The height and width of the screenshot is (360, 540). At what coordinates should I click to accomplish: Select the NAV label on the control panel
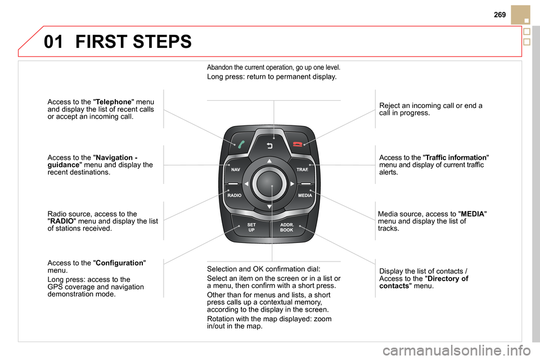coord(236,169)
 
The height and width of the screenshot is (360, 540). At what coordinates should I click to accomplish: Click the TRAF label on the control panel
coord(302,169)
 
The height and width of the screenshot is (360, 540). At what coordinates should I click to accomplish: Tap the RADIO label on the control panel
coord(235,195)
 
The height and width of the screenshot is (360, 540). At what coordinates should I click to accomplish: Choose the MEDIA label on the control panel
coord(305,195)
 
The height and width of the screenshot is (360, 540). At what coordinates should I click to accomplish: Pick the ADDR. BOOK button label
coord(287,227)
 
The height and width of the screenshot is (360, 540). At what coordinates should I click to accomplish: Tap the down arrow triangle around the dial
coord(269,206)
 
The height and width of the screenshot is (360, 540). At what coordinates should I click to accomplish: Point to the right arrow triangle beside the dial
coord(292,183)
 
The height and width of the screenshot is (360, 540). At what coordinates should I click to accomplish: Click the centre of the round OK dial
coord(269,183)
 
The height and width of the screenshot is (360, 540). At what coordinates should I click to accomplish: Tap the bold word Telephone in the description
coord(115,102)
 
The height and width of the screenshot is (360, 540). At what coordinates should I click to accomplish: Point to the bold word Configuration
coord(120,263)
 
